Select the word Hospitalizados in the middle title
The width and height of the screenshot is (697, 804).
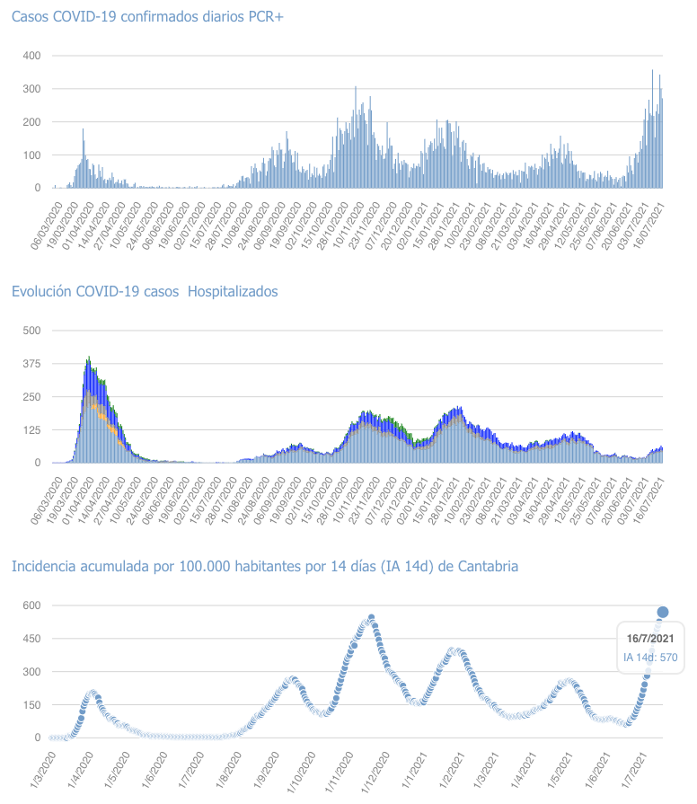[233, 291]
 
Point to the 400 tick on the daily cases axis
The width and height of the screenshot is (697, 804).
[32, 56]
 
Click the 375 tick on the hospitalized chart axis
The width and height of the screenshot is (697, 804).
[32, 363]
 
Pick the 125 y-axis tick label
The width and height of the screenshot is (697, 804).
[32, 429]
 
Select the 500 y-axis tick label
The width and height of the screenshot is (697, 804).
[32, 330]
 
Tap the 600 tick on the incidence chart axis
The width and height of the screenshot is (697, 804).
[32, 605]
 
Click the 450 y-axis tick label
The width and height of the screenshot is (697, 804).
[32, 639]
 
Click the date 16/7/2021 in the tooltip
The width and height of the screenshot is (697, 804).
[650, 638]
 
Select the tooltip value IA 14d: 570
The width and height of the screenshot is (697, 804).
[650, 658]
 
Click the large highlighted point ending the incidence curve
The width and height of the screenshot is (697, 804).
[663, 612]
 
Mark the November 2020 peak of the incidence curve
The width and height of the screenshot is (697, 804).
[371, 617]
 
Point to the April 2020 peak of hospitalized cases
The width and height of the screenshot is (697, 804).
[88, 358]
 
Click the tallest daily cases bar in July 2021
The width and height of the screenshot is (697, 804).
[652, 71]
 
